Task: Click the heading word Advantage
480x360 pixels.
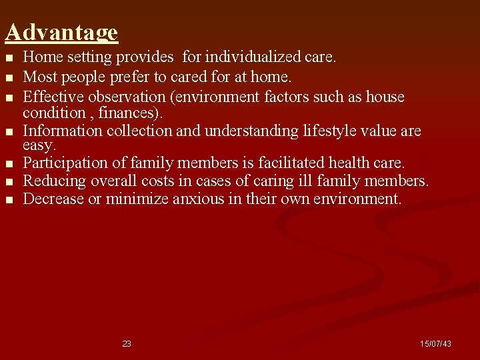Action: point(61,33)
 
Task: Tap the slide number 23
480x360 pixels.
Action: point(127,344)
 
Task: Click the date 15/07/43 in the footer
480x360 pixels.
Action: point(435,344)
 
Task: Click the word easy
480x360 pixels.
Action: point(39,145)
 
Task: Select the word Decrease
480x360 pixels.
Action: point(53,199)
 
